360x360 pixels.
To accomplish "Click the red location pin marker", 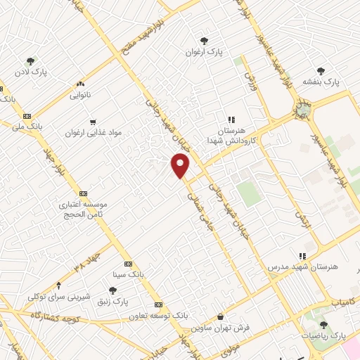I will pyautogui.click(x=181, y=165).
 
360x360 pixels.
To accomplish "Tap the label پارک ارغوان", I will pyautogui.click(x=204, y=52).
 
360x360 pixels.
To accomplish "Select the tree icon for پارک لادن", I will pyautogui.click(x=30, y=61).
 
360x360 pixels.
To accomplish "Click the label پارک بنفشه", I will pyautogui.click(x=321, y=82).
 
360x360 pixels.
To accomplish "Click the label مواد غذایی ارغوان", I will pyautogui.click(x=89, y=132).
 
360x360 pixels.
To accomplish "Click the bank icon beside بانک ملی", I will pyautogui.click(x=27, y=116).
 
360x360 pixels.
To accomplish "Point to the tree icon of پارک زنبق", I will pyautogui.click(x=112, y=290).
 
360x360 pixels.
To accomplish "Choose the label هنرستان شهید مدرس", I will pyautogui.click(x=304, y=267).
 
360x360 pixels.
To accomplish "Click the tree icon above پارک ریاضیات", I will pyautogui.click(x=323, y=324).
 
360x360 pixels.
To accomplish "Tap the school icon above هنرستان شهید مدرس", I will pyautogui.click(x=302, y=256).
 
